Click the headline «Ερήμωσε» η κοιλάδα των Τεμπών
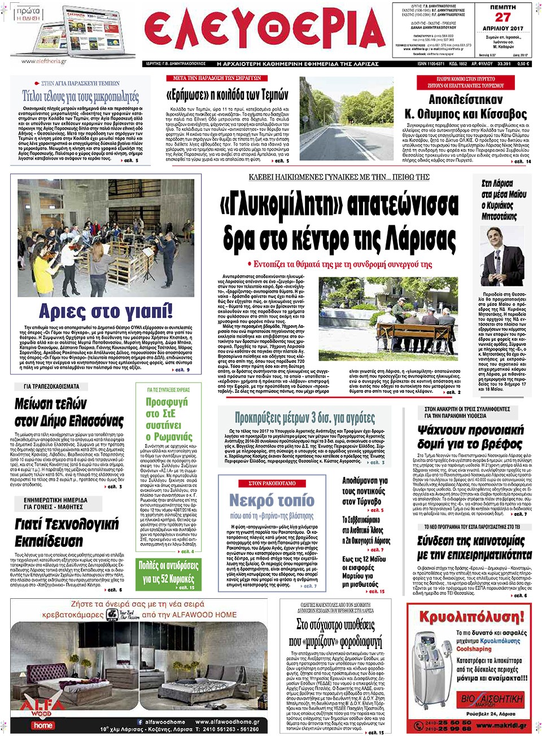tap(228, 95)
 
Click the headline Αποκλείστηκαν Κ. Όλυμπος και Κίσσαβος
tap(466, 107)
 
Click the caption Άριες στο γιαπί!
tap(106, 311)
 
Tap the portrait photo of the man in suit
tap(501, 257)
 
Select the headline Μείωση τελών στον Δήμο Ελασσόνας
tap(69, 413)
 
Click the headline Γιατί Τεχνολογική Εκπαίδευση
tap(67, 532)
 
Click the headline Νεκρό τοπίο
tap(272, 500)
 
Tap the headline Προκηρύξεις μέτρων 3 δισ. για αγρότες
tap(305, 418)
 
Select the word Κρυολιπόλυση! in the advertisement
tap(472, 617)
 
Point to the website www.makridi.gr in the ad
tap(501, 725)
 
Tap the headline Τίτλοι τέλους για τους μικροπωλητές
tap(80, 96)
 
